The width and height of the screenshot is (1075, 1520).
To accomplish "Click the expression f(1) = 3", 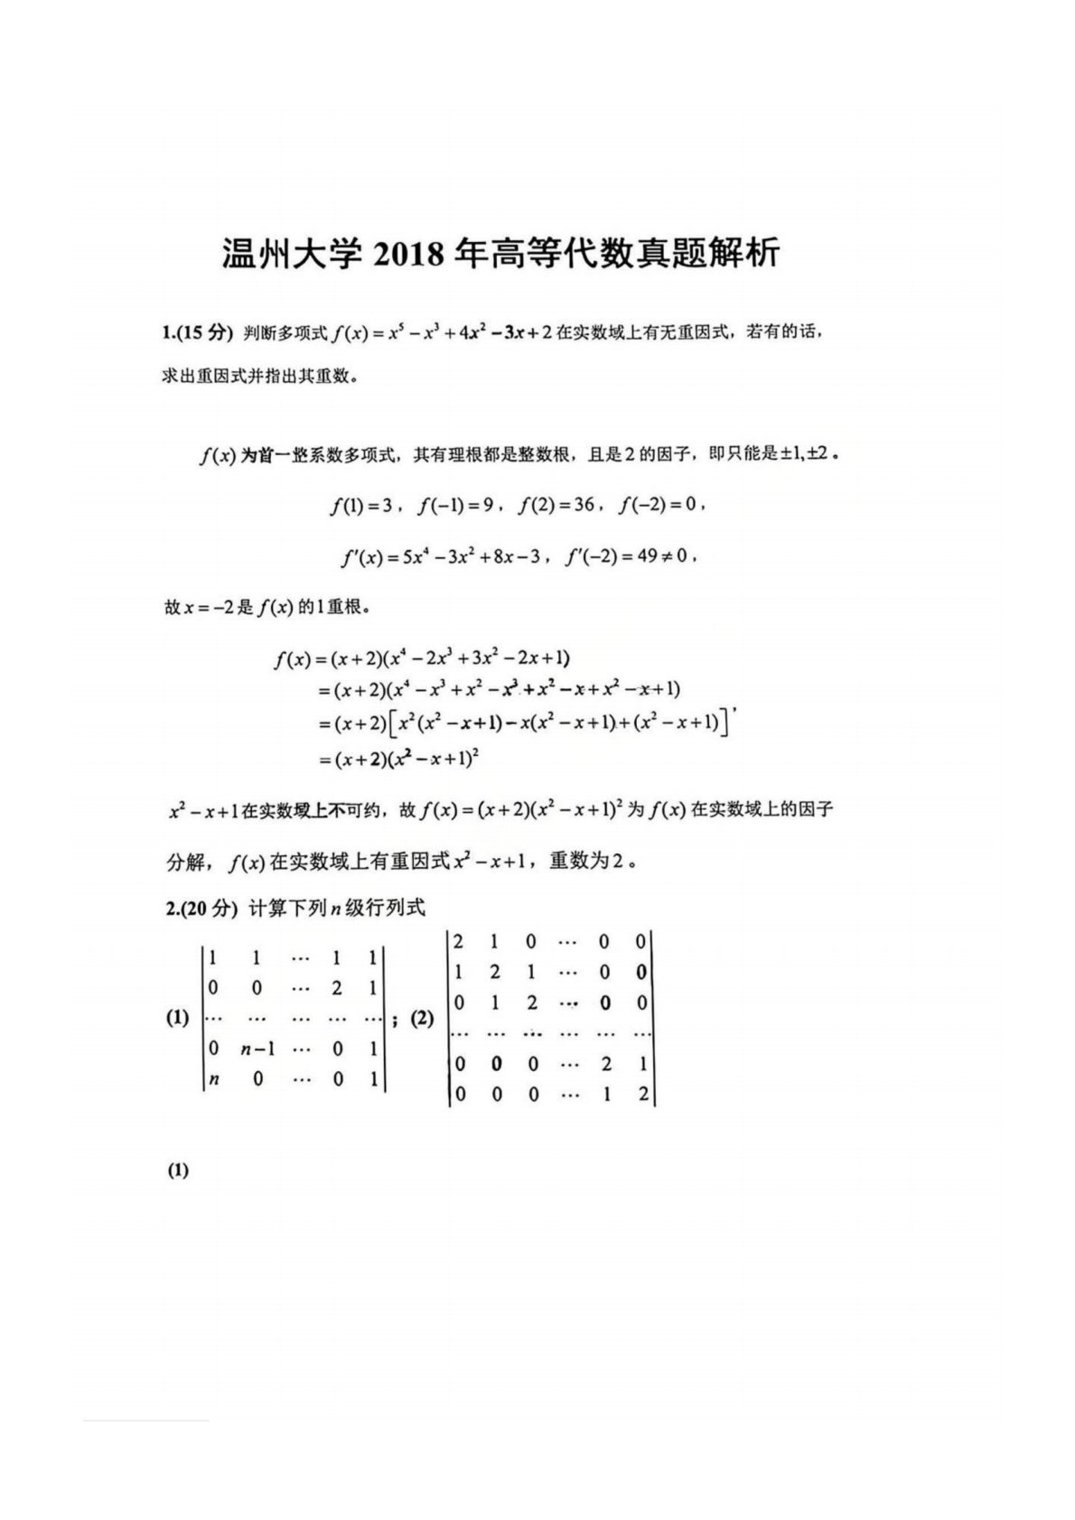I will tap(363, 506).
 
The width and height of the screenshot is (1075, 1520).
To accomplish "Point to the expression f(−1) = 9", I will tap(456, 506).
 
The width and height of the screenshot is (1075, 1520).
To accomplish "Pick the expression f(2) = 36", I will tap(556, 506).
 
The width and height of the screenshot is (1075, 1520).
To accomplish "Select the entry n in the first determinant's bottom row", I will tap(214, 1078).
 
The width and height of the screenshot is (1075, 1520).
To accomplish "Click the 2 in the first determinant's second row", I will tap(337, 988).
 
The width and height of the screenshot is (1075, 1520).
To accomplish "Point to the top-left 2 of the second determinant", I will tap(459, 942).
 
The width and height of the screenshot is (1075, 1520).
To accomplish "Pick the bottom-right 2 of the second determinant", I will tap(641, 1095).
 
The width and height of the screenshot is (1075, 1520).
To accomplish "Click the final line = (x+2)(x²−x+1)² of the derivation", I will tap(397, 760).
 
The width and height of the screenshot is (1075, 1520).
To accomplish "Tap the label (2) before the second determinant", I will tap(422, 1019).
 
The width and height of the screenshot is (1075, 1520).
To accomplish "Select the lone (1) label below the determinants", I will tap(177, 1171).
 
